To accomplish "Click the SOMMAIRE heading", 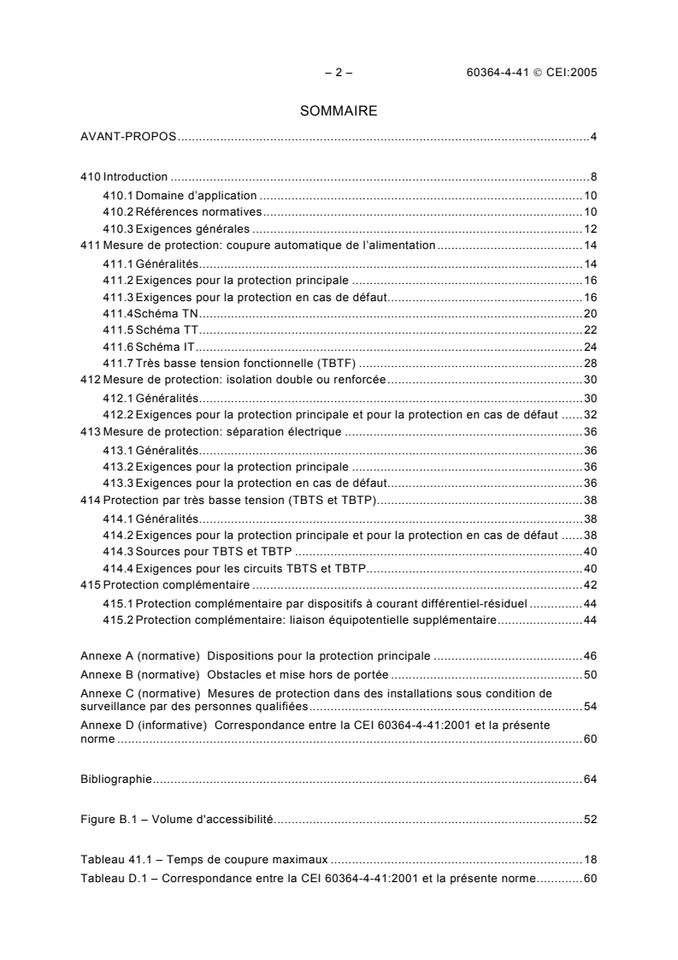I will (339, 111).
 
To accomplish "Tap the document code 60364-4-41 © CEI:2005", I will (525, 73).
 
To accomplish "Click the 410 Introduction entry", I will (124, 177).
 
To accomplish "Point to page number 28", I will (589, 364).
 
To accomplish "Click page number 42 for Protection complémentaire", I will (589, 585).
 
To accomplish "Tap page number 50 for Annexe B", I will (589, 673).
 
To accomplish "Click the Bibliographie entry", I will (115, 779).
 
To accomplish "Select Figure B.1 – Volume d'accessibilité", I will (176, 819).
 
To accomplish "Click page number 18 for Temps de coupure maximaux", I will (589, 858).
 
